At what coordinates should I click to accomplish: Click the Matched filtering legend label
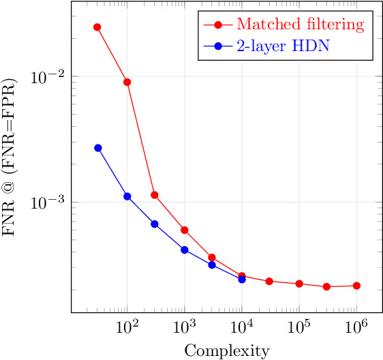pyautogui.click(x=300, y=25)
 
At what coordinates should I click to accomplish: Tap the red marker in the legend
pyautogui.click(x=218, y=25)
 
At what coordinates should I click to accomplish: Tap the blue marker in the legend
pyautogui.click(x=218, y=47)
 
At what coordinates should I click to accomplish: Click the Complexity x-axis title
pyautogui.click(x=227, y=351)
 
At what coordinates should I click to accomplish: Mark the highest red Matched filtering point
pyautogui.click(x=97, y=27)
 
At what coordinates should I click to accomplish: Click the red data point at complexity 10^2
pyautogui.click(x=127, y=82)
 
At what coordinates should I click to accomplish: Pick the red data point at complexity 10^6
pyautogui.click(x=356, y=286)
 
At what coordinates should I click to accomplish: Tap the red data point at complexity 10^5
pyautogui.click(x=299, y=284)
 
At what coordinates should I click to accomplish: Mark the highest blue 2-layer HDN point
pyautogui.click(x=97, y=148)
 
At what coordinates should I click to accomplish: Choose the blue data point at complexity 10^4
pyautogui.click(x=242, y=279)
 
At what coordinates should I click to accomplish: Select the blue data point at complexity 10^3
pyautogui.click(x=185, y=250)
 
